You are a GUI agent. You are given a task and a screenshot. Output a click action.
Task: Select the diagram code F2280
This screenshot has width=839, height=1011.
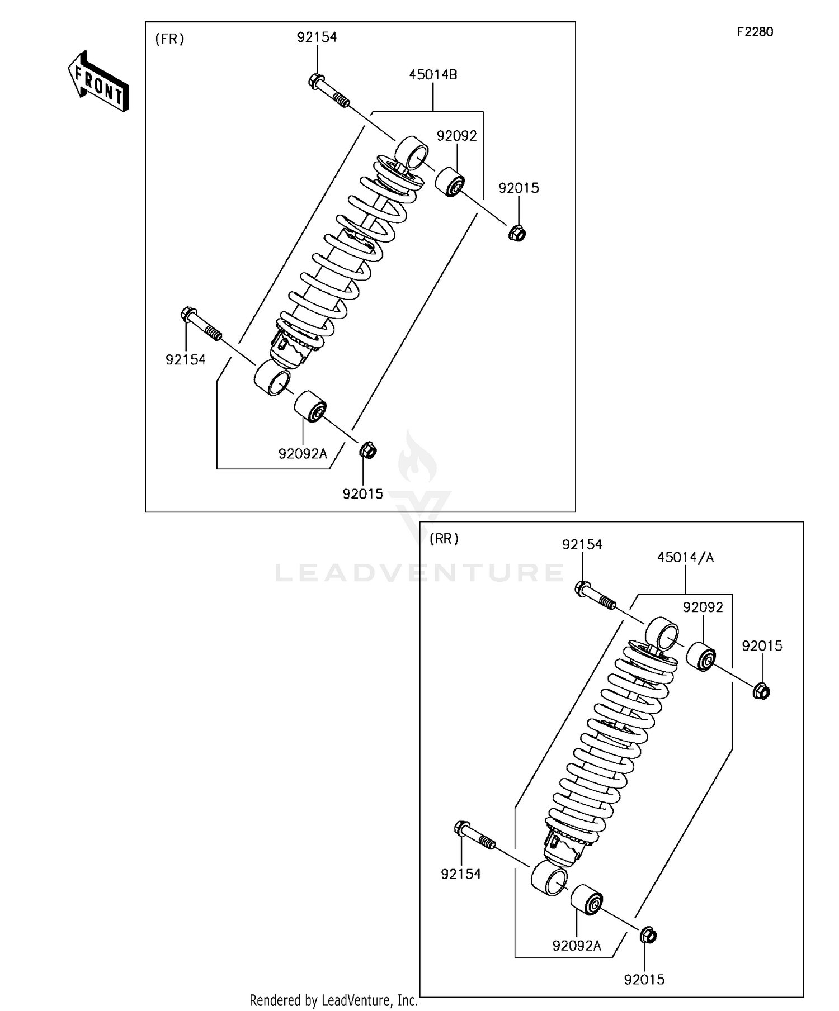point(755,32)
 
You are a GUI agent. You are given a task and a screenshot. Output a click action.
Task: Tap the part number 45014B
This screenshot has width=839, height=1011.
point(433,74)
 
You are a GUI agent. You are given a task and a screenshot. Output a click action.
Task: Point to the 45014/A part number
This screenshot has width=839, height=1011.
point(685,557)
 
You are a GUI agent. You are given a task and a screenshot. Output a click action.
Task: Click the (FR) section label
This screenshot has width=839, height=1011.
point(169,39)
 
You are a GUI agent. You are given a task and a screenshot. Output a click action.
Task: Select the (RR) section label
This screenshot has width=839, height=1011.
point(444,539)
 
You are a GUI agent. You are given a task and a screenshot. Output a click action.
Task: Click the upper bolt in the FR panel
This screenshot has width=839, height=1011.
point(328,91)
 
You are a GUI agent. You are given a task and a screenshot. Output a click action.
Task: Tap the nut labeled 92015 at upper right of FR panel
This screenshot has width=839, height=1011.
point(517,232)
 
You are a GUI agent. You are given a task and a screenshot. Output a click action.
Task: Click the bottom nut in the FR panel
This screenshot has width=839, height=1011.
point(367,449)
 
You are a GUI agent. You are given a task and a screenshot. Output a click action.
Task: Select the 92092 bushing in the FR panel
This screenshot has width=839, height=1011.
point(450,181)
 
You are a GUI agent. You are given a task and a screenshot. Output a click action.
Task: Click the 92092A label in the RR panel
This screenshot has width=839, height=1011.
point(577,946)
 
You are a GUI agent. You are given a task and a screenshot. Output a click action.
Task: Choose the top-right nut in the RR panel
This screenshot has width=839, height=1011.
point(761,691)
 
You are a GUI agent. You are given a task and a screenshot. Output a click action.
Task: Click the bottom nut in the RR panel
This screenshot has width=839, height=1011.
point(648,935)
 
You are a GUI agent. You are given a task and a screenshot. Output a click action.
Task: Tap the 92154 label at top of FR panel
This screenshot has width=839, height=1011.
point(317,37)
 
